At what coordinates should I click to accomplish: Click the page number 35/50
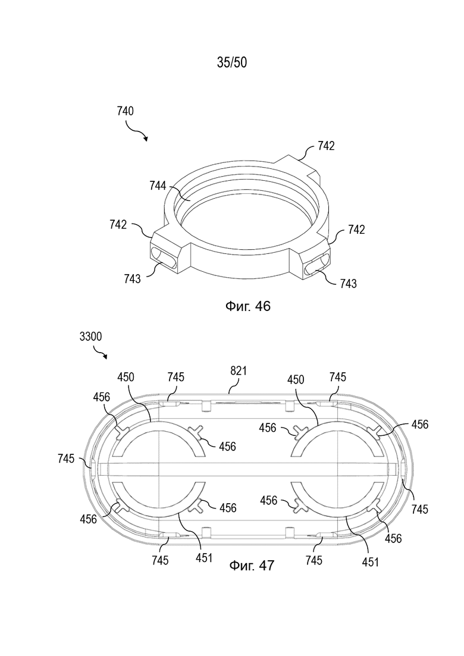[x=232, y=62]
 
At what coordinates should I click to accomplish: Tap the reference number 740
[x=126, y=111]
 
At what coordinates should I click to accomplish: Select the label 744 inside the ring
[x=158, y=186]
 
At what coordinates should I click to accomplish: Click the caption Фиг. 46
[x=248, y=306]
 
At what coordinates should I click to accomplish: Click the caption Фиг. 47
[x=252, y=566]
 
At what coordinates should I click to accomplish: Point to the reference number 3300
[x=90, y=337]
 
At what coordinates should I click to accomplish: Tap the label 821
[x=239, y=371]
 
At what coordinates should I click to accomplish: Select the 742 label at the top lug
[x=326, y=146]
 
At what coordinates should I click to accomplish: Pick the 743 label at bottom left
[x=132, y=278]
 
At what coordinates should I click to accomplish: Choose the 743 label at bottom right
[x=349, y=284]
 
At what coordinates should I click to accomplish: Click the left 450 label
[x=126, y=378]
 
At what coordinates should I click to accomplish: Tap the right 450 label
[x=296, y=380]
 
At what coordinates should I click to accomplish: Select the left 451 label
[x=204, y=558]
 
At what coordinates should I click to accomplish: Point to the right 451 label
[x=370, y=562]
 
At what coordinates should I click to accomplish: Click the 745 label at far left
[x=66, y=459]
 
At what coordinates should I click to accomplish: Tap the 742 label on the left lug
[x=118, y=225]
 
